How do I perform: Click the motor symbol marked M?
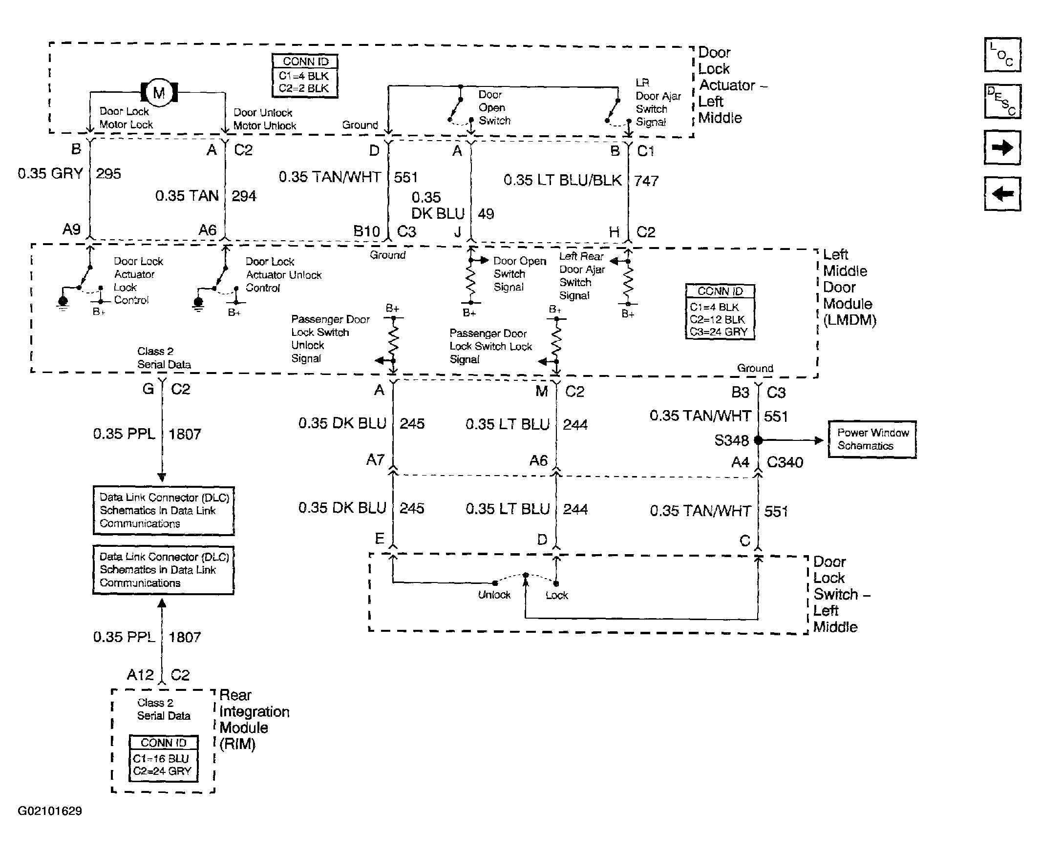pyautogui.click(x=159, y=92)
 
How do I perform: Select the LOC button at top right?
pyautogui.click(x=1002, y=55)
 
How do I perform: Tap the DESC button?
pyautogui.click(x=1002, y=102)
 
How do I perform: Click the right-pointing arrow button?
pyautogui.click(x=1002, y=148)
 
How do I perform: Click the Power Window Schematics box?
pyautogui.click(x=872, y=439)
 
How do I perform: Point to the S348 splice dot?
pyautogui.click(x=758, y=440)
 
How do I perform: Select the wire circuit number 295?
pyautogui.click(x=108, y=174)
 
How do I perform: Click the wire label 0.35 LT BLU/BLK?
pyautogui.click(x=563, y=180)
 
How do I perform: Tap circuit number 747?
pyautogui.click(x=646, y=181)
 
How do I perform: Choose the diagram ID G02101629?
pyautogui.click(x=50, y=811)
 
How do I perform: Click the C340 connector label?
pyautogui.click(x=785, y=462)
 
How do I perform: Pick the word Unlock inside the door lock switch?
pyautogui.click(x=494, y=595)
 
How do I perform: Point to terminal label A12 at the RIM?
pyautogui.click(x=140, y=675)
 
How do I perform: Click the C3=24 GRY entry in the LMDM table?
pyautogui.click(x=719, y=332)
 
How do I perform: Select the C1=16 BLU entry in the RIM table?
pyautogui.click(x=161, y=758)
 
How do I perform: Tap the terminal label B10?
pyautogui.click(x=367, y=231)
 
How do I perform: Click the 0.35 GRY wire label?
pyautogui.click(x=50, y=173)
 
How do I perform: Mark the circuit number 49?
pyautogui.click(x=486, y=214)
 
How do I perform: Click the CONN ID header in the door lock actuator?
pyautogui.click(x=305, y=62)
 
